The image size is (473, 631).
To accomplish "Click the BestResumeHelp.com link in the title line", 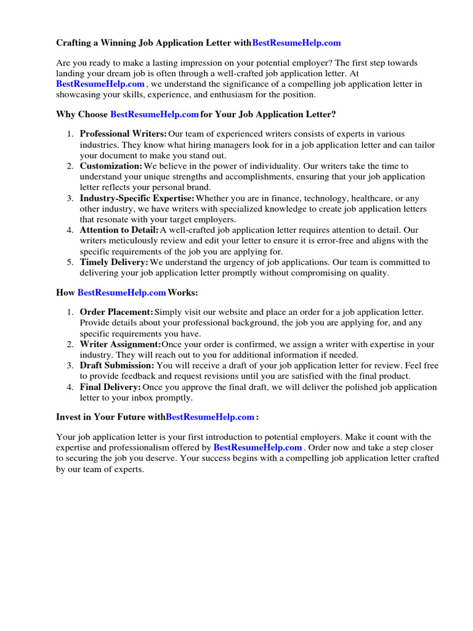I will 296,43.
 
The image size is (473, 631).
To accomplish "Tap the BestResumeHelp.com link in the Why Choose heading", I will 154,115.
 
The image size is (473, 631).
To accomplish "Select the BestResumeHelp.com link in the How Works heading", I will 122,292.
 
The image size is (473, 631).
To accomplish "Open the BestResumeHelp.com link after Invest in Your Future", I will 210,417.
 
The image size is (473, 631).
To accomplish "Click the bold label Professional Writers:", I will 123,134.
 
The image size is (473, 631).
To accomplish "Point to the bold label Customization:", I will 111,166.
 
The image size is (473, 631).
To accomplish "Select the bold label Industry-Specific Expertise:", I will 137,198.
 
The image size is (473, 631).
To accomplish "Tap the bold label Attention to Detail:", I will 119,230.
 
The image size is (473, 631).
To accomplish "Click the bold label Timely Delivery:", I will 114,263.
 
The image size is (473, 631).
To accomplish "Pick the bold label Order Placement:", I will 116,313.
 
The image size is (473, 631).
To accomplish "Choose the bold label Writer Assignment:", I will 120,345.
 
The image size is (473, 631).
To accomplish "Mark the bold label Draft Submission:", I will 117,366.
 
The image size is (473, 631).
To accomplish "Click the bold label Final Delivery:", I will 110,388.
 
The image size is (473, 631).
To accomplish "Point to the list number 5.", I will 70,263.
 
